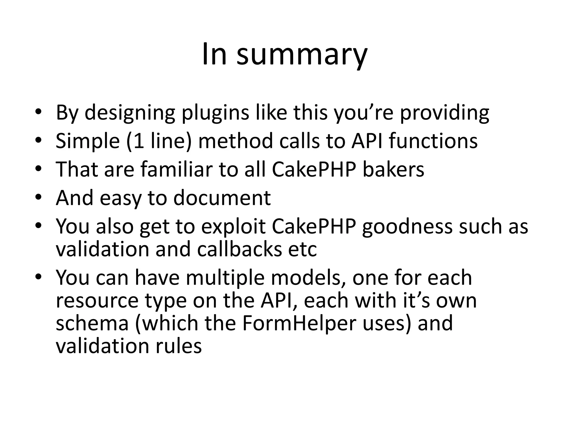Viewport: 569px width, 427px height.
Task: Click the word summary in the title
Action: coord(302,54)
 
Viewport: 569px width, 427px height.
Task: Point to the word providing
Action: coord(445,113)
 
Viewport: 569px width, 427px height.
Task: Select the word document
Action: coord(222,198)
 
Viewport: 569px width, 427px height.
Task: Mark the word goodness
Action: coord(407,227)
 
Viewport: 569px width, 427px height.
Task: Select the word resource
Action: coord(97,301)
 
